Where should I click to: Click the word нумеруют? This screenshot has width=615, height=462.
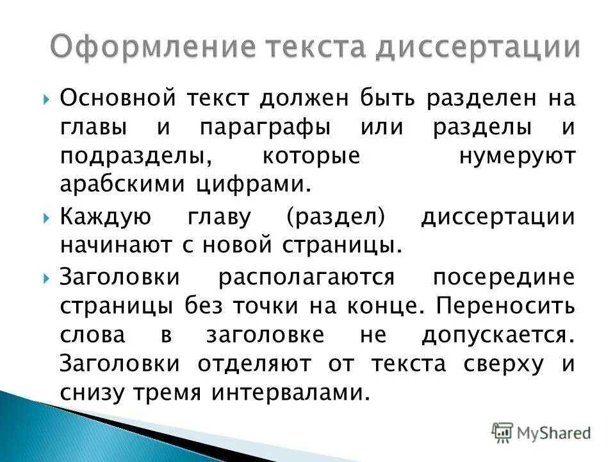517,156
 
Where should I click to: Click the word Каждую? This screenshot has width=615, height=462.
106,217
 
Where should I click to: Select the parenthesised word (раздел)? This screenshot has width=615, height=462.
334,217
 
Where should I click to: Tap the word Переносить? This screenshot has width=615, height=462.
506,307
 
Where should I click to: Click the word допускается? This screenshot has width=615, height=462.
495,335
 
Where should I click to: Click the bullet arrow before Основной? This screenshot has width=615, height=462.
48,100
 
